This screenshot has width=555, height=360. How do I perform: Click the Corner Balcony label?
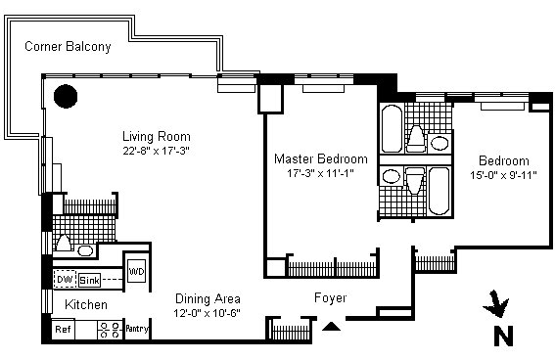click(68, 47)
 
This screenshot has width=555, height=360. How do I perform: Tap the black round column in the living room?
click(66, 96)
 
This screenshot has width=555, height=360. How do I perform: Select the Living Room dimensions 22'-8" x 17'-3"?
click(156, 151)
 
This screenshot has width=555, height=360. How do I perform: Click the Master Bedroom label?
click(321, 158)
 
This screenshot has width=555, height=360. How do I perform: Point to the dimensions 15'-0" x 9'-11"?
click(503, 175)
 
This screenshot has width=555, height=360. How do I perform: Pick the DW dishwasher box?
click(66, 280)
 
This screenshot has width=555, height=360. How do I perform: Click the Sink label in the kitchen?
click(89, 280)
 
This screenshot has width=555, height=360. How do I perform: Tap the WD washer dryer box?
click(136, 271)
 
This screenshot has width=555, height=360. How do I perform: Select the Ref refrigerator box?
click(63, 330)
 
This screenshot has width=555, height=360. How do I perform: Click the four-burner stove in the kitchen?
click(110, 330)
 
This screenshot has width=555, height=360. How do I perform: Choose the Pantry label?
click(137, 329)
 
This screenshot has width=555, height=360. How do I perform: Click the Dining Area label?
click(208, 298)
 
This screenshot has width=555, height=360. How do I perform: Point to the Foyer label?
click(330, 297)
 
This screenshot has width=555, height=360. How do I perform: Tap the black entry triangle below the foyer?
click(331, 327)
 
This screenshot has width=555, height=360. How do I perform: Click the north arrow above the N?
click(496, 303)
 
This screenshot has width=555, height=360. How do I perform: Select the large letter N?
click(503, 337)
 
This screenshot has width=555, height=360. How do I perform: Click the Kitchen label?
click(86, 305)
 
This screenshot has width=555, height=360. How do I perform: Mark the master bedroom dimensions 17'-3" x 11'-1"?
click(320, 173)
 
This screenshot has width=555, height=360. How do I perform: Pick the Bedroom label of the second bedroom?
click(504, 160)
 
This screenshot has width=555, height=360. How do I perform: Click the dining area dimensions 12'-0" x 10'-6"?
click(208, 313)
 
